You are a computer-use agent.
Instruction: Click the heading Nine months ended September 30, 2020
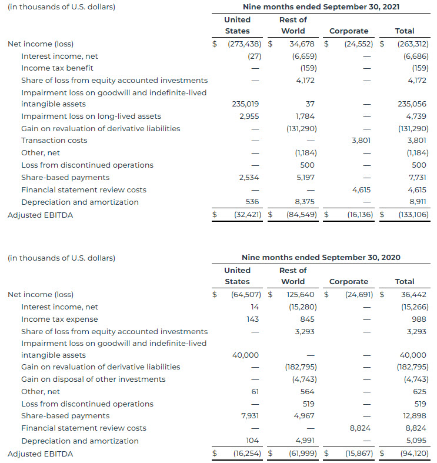pos(321,258)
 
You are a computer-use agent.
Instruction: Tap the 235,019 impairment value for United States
pos(246,104)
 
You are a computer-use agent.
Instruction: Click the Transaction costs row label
pos(54,141)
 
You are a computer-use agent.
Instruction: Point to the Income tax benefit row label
pos(56,68)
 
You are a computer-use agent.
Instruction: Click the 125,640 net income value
pos(300,294)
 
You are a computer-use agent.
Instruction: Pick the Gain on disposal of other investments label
pos(94,379)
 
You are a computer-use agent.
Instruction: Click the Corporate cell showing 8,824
pos(360,428)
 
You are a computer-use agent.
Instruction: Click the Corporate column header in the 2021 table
pos(349,31)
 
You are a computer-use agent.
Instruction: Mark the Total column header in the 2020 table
pos(405,282)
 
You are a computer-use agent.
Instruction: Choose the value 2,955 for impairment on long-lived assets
pos(249,116)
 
